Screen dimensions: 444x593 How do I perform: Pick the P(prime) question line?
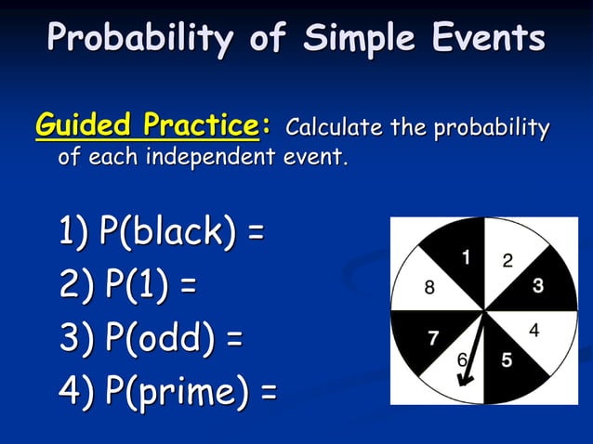167,392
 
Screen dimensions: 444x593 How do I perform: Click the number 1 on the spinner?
466,256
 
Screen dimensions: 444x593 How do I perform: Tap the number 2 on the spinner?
507,261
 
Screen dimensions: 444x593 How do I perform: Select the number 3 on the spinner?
538,286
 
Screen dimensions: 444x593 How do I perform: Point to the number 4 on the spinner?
534,330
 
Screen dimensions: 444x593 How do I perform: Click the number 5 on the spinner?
507,360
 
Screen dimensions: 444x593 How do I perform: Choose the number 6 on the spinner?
462,359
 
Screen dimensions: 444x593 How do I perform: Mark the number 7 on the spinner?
433,338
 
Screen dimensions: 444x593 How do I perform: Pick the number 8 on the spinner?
428,288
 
